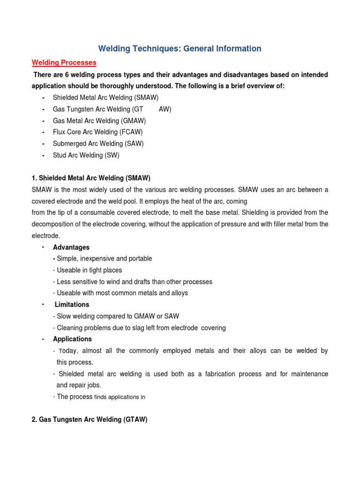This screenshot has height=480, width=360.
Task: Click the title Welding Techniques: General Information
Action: pyautogui.click(x=180, y=48)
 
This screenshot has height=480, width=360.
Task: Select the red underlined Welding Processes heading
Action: pyautogui.click(x=64, y=62)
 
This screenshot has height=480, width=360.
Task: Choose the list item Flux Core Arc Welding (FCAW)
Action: pyautogui.click(x=97, y=132)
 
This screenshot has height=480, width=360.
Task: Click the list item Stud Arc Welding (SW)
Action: pyautogui.click(x=89, y=155)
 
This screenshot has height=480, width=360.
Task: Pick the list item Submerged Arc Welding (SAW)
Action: pyautogui.click(x=98, y=143)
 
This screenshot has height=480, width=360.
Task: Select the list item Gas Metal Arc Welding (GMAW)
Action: pyautogui.click(x=99, y=120)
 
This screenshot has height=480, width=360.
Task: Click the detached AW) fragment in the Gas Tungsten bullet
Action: pyautogui.click(x=165, y=109)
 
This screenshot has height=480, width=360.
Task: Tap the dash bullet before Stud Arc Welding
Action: pyautogui.click(x=43, y=155)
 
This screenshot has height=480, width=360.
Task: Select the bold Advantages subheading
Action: pyautogui.click(x=71, y=247)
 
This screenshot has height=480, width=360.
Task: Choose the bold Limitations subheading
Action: pyautogui.click(x=72, y=305)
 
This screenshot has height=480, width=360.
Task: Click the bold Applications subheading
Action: pyautogui.click(x=72, y=339)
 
